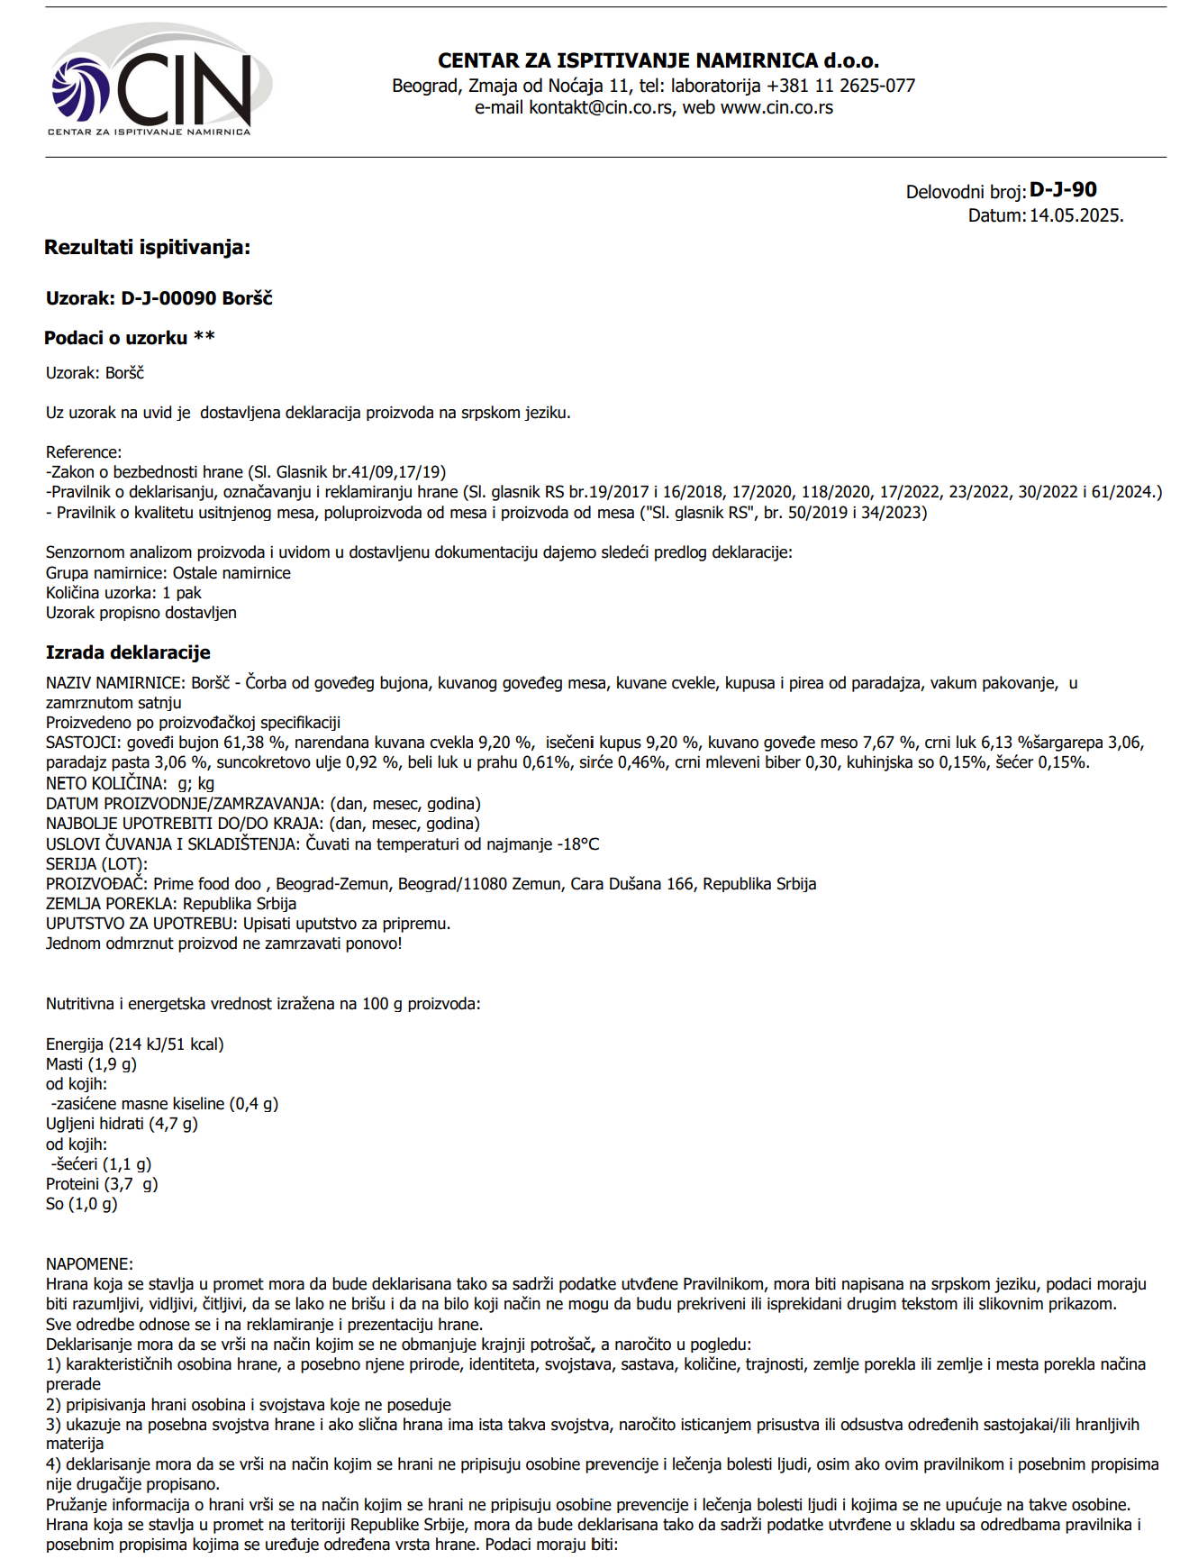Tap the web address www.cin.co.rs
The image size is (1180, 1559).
[776, 108]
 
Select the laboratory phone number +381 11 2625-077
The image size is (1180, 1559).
[840, 87]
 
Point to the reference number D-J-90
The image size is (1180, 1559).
[1063, 190]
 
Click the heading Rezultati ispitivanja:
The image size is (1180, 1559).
[148, 248]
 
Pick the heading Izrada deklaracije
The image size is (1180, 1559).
[128, 652]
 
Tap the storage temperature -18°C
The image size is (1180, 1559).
[577, 845]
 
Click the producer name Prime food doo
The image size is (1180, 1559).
[207, 885]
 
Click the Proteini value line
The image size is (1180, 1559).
[102, 1184]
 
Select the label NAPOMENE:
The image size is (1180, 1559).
[89, 1264]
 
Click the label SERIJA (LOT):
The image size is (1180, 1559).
[96, 865]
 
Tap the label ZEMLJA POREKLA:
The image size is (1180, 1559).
[113, 904]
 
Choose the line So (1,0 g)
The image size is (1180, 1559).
[82, 1204]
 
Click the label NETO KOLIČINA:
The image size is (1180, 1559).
[106, 784]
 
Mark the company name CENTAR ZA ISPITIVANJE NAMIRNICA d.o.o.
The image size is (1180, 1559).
[658, 61]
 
